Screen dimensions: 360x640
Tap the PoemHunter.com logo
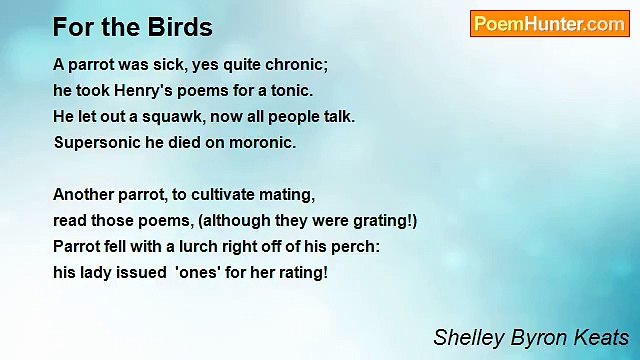tap(549, 24)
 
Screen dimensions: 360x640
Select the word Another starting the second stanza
tap(84, 194)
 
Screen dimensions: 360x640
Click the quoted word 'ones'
tap(200, 272)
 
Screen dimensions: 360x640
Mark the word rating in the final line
tap(303, 272)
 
